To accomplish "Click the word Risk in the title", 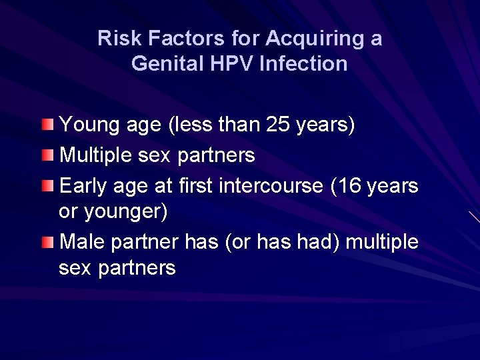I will pos(113,38).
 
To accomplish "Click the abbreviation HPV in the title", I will pos(231,63).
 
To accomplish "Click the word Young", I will pos(85,125).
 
